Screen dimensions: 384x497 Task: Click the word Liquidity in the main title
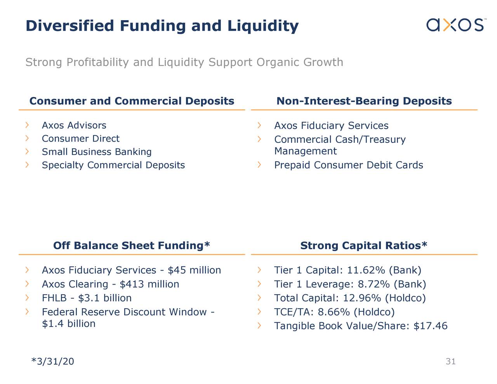point(263,26)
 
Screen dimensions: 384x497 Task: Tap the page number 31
point(450,361)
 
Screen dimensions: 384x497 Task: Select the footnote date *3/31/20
point(52,361)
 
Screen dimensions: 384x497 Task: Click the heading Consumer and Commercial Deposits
point(132,101)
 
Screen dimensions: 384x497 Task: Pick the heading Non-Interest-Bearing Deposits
point(364,101)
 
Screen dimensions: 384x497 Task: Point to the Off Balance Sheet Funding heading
point(132,245)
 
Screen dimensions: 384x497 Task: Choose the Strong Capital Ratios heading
point(364,245)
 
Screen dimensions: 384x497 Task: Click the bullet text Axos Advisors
point(74,125)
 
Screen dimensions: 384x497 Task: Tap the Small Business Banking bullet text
point(97,152)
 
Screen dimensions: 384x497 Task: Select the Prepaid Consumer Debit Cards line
point(348,165)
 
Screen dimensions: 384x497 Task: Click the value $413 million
point(149,284)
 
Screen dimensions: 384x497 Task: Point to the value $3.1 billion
point(105,298)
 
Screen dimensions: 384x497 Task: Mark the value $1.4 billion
point(68,324)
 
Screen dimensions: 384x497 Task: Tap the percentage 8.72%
point(374,284)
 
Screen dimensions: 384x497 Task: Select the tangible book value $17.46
point(430,326)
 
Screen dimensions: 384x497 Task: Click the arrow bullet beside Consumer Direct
point(27,138)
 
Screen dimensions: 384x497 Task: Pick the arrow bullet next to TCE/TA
point(259,312)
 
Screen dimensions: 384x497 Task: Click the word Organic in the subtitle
point(278,62)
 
